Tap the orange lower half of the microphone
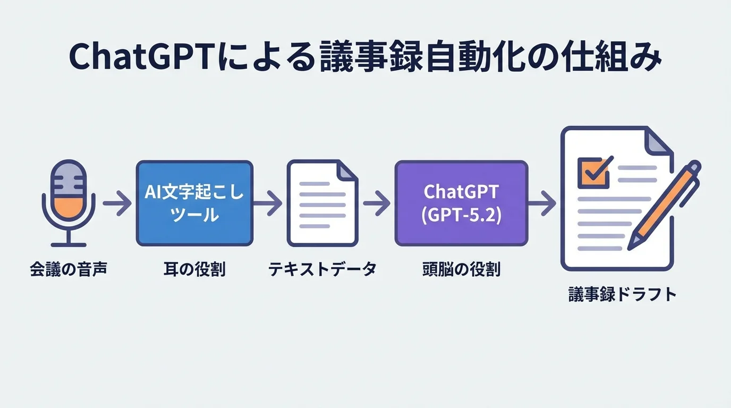click(x=68, y=207)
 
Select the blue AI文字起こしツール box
click(x=194, y=203)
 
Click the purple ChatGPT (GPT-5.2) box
click(x=461, y=203)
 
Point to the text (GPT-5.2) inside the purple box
click(x=461, y=217)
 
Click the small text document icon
click(x=322, y=203)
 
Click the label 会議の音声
click(x=69, y=269)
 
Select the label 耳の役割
click(x=194, y=269)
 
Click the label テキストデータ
click(x=322, y=269)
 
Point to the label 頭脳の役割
click(x=461, y=269)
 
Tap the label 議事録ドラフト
click(x=622, y=294)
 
